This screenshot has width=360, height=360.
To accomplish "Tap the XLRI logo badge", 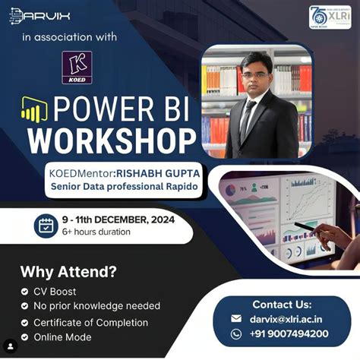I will (x=329, y=17).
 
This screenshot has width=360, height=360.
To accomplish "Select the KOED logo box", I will (x=76, y=68).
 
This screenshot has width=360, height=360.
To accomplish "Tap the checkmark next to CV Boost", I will (x=26, y=290).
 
